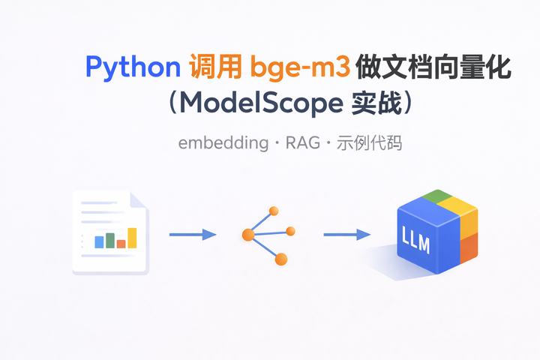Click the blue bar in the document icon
[x=99, y=242]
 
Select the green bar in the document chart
[x=110, y=240]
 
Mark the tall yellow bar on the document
[x=132, y=237]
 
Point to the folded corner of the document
[x=138, y=200]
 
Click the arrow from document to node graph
[x=192, y=235]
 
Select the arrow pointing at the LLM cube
[x=346, y=235]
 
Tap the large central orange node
[x=248, y=235]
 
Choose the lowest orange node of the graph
[x=281, y=259]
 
